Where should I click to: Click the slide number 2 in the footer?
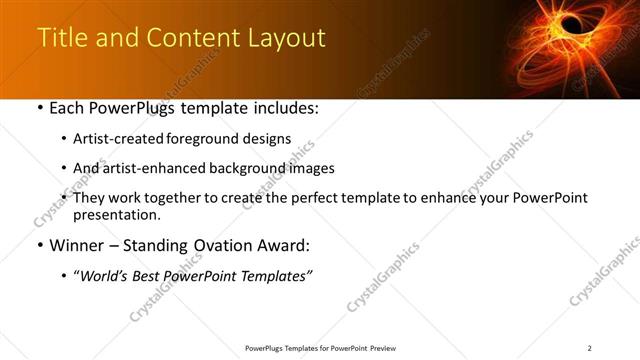point(590,348)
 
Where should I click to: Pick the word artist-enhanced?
point(155,168)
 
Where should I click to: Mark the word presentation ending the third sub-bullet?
point(116,214)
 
